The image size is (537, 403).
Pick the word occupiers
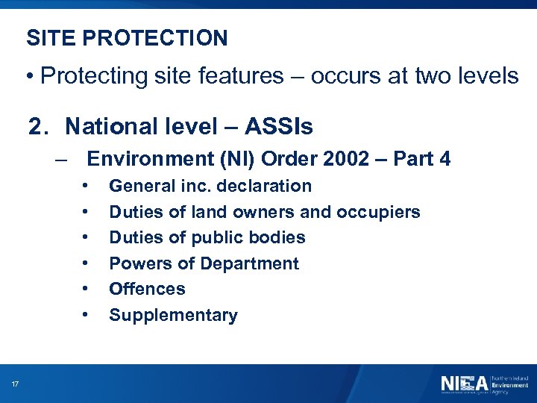[x=380, y=212]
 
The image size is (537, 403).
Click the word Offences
[x=147, y=289]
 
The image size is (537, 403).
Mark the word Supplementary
[x=173, y=315]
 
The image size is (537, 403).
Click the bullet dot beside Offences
[x=87, y=288]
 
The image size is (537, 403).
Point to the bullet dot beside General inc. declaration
[x=87, y=185]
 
